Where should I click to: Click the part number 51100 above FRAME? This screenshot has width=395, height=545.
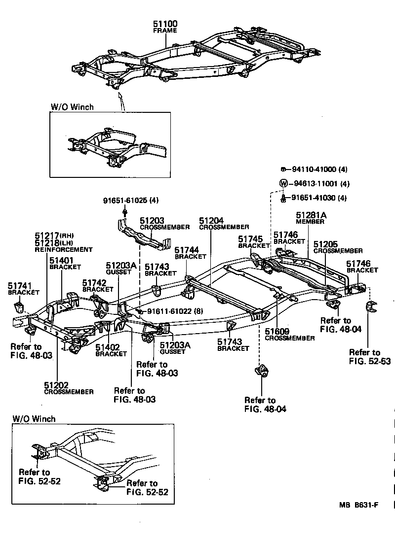[x=165, y=24]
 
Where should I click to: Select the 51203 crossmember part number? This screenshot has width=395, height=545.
[x=151, y=221]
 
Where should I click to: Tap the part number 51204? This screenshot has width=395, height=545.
[x=211, y=220]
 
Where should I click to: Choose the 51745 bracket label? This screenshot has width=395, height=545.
[x=250, y=239]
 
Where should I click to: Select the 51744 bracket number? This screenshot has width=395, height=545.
[x=186, y=250]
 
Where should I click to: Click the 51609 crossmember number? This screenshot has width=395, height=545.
[x=277, y=331]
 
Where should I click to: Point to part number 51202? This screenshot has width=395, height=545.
[x=56, y=385]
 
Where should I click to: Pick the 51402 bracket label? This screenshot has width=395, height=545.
[x=108, y=347]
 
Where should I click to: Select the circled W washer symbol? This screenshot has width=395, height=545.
[x=283, y=183]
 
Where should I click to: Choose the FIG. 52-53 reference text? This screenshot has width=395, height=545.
[x=369, y=361]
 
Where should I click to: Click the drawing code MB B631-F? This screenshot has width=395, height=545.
[x=358, y=505]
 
